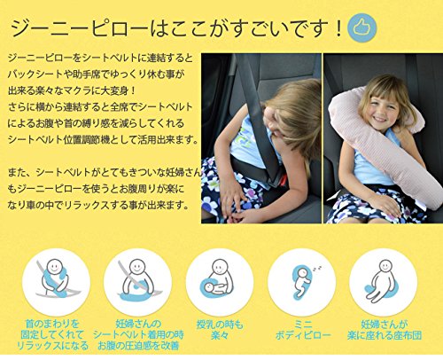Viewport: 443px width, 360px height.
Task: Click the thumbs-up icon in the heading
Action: click(361, 27)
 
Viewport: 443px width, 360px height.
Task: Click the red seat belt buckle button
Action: click(284, 179)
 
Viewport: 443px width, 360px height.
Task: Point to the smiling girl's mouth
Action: click(379, 119)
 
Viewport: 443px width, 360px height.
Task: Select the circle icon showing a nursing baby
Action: click(220, 282)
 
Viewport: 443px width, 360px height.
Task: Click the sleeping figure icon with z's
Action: click(302, 282)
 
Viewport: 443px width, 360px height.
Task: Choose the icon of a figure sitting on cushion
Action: click(384, 282)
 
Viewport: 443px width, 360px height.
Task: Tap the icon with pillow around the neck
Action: click(56, 282)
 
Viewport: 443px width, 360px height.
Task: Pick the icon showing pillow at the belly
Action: click(137, 282)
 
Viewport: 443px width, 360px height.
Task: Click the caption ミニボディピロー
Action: click(303, 330)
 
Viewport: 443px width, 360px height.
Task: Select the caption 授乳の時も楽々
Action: click(220, 330)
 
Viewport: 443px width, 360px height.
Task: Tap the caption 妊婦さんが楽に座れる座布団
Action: click(385, 330)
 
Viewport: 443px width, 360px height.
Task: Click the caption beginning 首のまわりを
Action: click(52, 335)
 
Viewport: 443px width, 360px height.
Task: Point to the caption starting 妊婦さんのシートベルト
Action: click(138, 335)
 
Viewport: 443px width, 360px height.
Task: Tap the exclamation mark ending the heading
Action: click(338, 28)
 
